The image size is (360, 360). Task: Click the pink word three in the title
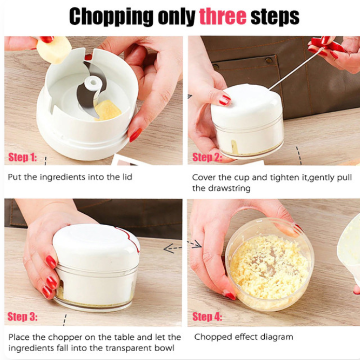click(223, 16)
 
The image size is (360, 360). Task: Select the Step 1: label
click(22, 157)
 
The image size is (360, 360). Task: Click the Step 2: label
click(207, 157)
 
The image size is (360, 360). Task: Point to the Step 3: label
click(22, 316)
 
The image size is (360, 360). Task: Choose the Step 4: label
click(207, 316)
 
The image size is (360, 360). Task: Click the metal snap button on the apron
click(268, 61)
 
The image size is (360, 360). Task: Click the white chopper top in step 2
click(247, 103)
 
